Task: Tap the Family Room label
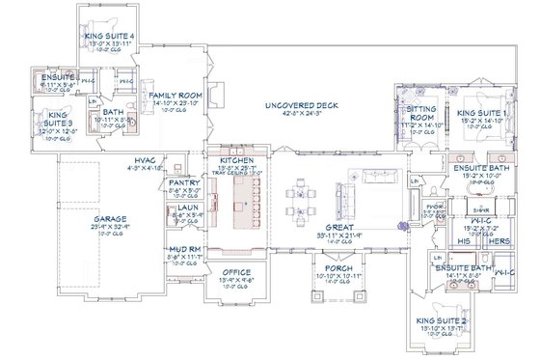(x=175, y=95)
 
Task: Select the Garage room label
(x=107, y=220)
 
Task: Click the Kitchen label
(x=236, y=160)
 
